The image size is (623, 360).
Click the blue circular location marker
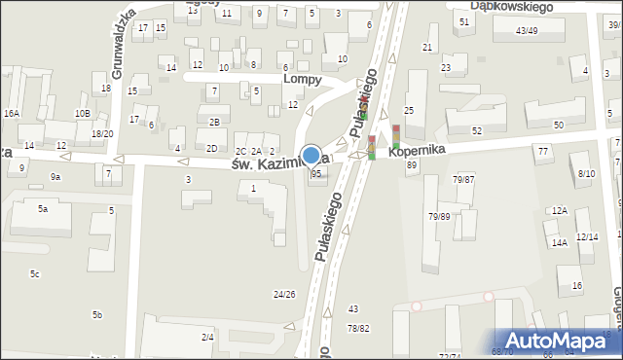pos(311,154)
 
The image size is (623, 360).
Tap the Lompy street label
pos(302,80)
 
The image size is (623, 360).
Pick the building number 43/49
pos(527,31)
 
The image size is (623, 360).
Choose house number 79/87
pos(463,180)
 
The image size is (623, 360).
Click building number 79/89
pos(439,216)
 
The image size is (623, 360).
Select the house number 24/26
pos(284,294)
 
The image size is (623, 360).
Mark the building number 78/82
pos(358,328)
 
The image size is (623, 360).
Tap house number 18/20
pos(102,133)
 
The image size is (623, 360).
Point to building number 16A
pos(12,113)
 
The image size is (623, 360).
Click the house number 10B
pos(83,113)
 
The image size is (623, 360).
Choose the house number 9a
pos(55,176)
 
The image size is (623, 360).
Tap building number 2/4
pos(207,337)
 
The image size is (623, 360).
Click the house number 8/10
pos(586,173)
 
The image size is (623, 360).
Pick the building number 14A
pos(559,243)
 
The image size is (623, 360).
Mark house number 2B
pos(213,122)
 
